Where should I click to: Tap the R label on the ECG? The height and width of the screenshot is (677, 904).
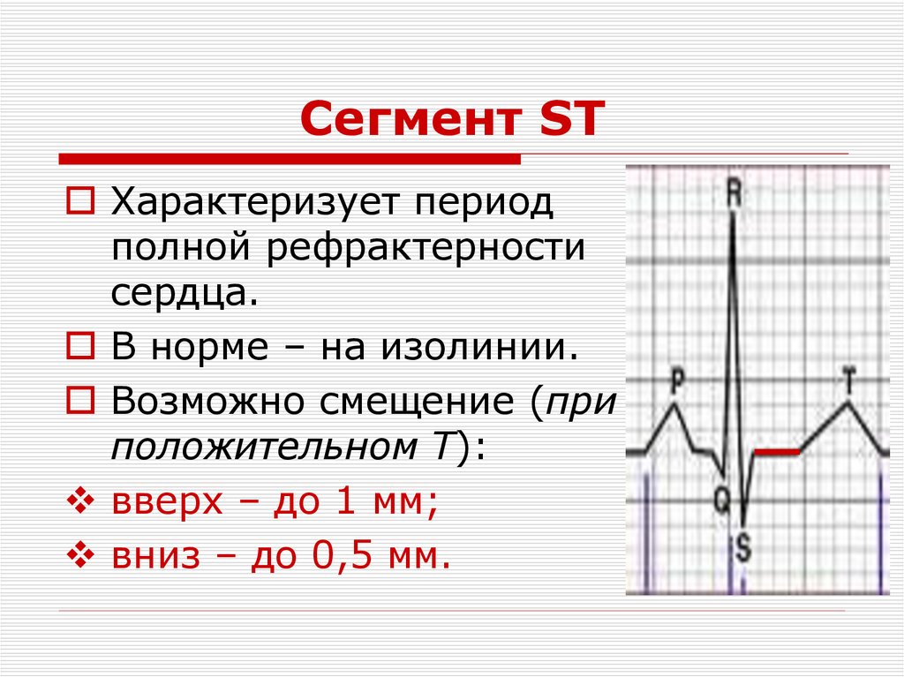click(733, 194)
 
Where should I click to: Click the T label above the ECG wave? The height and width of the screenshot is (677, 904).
click(848, 381)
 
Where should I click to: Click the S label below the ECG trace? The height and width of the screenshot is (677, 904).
click(742, 549)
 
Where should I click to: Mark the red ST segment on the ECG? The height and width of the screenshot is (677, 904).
click(777, 452)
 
